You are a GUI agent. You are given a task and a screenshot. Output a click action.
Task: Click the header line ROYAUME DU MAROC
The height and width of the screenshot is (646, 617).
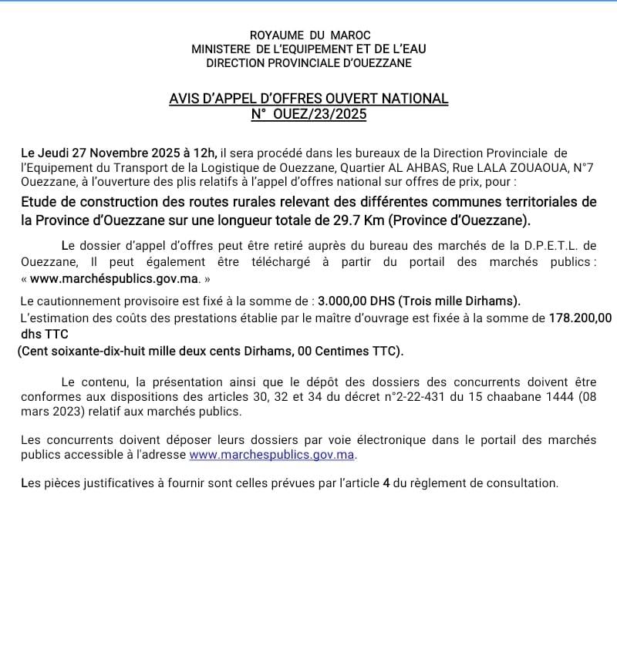(310, 35)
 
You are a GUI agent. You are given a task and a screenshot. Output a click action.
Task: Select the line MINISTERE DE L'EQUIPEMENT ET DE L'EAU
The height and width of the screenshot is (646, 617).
(308, 49)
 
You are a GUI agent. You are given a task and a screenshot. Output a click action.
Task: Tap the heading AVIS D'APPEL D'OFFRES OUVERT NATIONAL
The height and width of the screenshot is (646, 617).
(308, 99)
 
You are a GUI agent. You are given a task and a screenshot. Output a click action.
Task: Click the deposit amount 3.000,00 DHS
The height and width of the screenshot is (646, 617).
(352, 300)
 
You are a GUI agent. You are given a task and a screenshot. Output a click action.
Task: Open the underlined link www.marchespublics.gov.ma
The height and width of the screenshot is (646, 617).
(271, 455)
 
